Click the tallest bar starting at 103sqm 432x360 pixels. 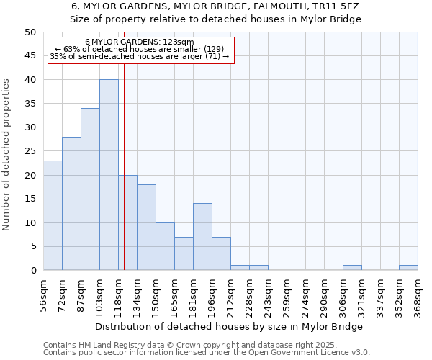(x=109, y=175)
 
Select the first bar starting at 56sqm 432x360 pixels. (x=53, y=215)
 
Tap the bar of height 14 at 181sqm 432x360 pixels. (x=202, y=237)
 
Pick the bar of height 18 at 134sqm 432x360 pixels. (x=146, y=228)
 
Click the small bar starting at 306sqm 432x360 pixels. (x=352, y=268)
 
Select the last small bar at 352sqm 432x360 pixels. (x=408, y=268)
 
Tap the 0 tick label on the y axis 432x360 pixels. (x=32, y=271)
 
